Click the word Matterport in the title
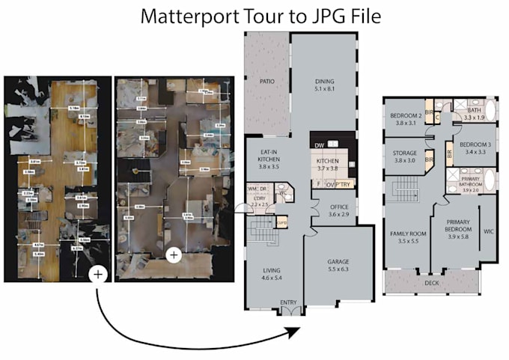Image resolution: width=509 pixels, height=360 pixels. click(x=184, y=16)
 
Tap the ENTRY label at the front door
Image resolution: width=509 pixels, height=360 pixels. click(x=287, y=302)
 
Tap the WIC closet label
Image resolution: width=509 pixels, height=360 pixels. click(x=488, y=231)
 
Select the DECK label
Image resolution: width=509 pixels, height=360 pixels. click(x=430, y=284)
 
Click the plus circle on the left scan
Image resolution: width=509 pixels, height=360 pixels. click(x=97, y=275)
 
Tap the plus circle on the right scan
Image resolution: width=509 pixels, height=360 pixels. click(x=174, y=255)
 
